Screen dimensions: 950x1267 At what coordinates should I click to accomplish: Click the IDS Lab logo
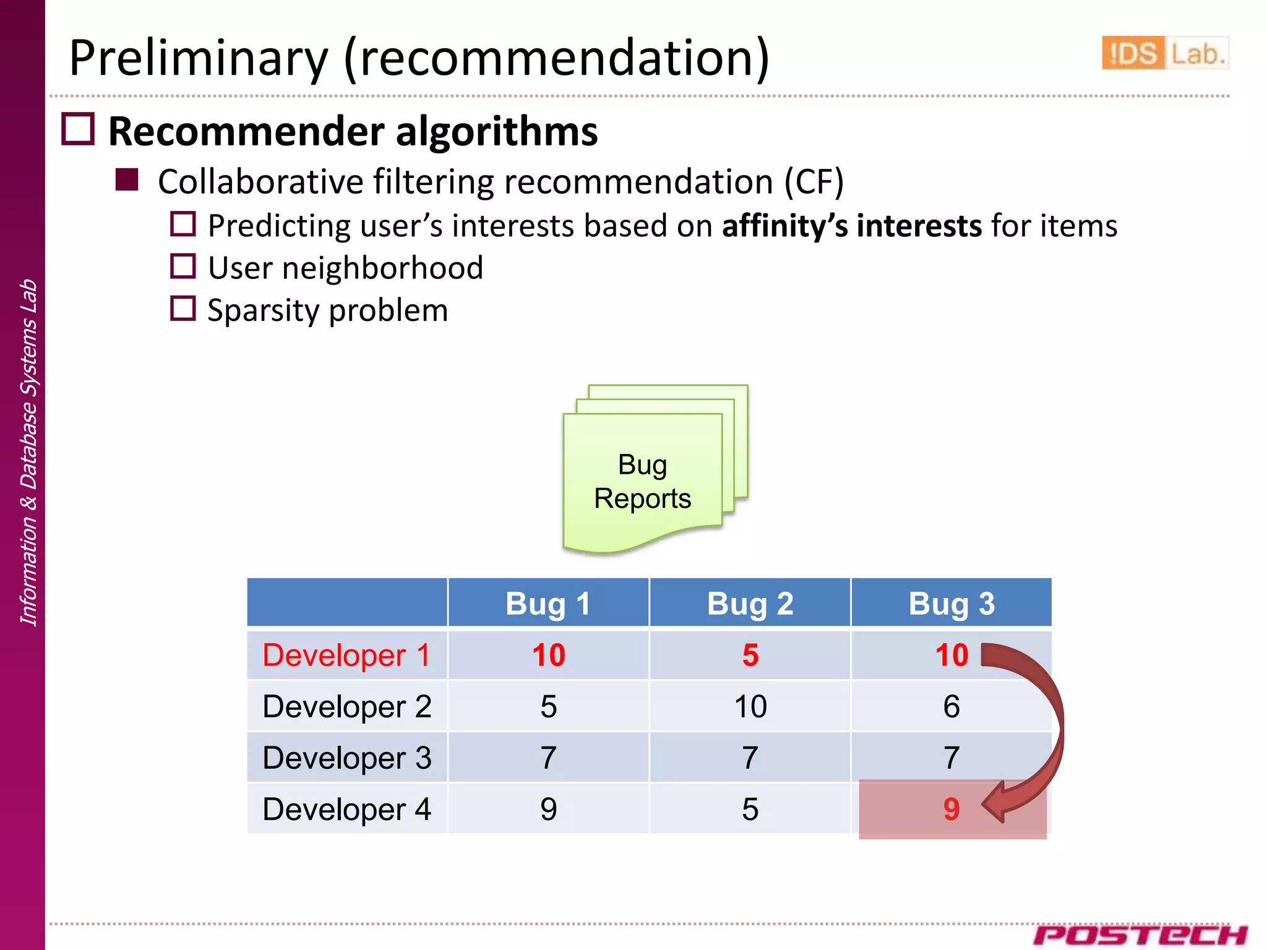click(x=1164, y=53)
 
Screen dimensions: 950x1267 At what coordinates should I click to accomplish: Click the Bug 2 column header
click(x=750, y=603)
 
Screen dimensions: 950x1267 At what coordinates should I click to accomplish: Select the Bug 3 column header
click(x=951, y=603)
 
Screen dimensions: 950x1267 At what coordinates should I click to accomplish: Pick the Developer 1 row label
click(x=346, y=655)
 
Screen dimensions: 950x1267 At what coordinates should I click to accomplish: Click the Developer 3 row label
click(x=346, y=758)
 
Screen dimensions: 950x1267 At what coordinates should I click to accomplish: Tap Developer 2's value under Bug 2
click(x=750, y=706)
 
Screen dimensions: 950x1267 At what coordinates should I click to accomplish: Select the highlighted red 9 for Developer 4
click(x=951, y=809)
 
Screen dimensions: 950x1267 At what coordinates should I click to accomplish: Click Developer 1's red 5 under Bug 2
click(x=750, y=655)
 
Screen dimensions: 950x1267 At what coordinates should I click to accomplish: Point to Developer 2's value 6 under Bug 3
click(x=951, y=706)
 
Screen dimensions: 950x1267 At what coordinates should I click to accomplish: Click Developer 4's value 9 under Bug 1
click(x=548, y=809)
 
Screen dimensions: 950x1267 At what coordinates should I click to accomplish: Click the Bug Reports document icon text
click(x=642, y=481)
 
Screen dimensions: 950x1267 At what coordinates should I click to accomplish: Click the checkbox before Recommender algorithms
click(x=78, y=129)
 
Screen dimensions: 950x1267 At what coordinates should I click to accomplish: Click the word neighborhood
click(x=382, y=268)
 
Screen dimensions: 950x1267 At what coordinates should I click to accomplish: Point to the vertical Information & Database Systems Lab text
click(x=28, y=451)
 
